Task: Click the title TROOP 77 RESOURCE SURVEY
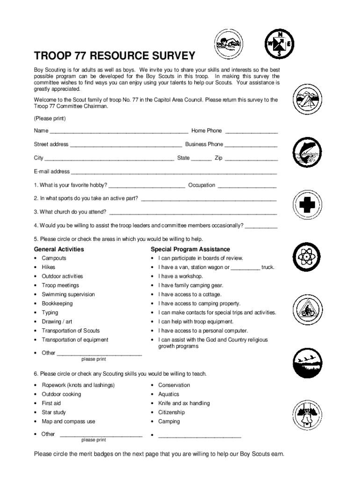click(x=114, y=56)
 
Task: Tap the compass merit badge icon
click(x=280, y=44)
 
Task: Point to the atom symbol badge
click(x=307, y=256)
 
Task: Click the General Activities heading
click(x=59, y=249)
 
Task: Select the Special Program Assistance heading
click(x=190, y=249)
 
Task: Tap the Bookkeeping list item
click(x=57, y=304)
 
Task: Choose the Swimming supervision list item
click(x=68, y=295)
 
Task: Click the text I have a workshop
click(x=180, y=276)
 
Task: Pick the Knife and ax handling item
click(x=184, y=403)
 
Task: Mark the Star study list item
click(x=54, y=413)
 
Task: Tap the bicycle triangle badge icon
click(x=307, y=309)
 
